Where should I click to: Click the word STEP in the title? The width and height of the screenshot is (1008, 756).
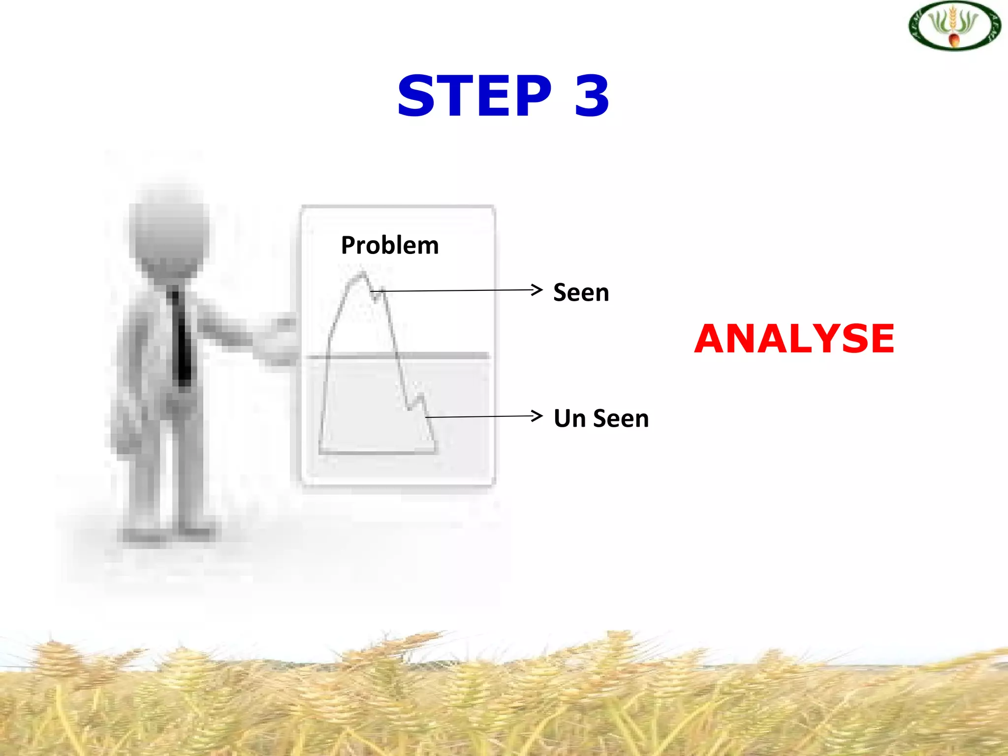pyautogui.click(x=474, y=96)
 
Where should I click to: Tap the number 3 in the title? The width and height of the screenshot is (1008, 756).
pyautogui.click(x=592, y=96)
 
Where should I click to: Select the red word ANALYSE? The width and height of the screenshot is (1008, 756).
pyautogui.click(x=794, y=339)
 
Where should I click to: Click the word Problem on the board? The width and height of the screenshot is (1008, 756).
pyautogui.click(x=390, y=246)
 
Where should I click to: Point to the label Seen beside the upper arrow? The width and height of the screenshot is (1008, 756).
pyautogui.click(x=581, y=293)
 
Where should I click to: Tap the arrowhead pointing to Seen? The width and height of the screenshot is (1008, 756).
pyautogui.click(x=537, y=289)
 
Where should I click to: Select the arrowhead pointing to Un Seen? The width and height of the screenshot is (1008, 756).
pyautogui.click(x=537, y=416)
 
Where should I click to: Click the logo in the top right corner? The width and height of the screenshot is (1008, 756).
pyautogui.click(x=954, y=26)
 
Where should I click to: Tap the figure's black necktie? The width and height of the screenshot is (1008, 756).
pyautogui.click(x=182, y=340)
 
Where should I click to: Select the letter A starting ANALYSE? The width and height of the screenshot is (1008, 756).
pyautogui.click(x=713, y=339)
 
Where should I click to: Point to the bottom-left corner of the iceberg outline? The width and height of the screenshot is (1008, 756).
pyautogui.click(x=320, y=451)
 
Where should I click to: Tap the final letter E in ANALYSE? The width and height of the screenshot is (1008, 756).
pyautogui.click(x=879, y=339)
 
